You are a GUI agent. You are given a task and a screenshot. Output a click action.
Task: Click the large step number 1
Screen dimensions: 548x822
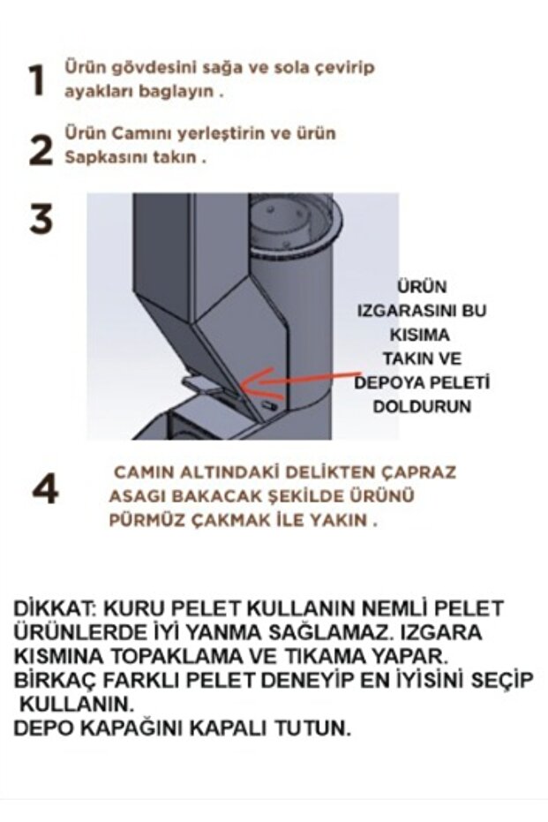(x=38, y=80)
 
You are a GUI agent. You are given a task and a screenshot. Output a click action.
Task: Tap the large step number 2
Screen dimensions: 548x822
(x=41, y=149)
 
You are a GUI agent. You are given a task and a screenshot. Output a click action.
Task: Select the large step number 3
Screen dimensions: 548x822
(x=41, y=219)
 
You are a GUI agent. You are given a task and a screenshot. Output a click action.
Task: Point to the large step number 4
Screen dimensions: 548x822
(x=45, y=490)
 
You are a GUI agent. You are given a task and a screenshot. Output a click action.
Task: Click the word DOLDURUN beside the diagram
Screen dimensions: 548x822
(x=422, y=406)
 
